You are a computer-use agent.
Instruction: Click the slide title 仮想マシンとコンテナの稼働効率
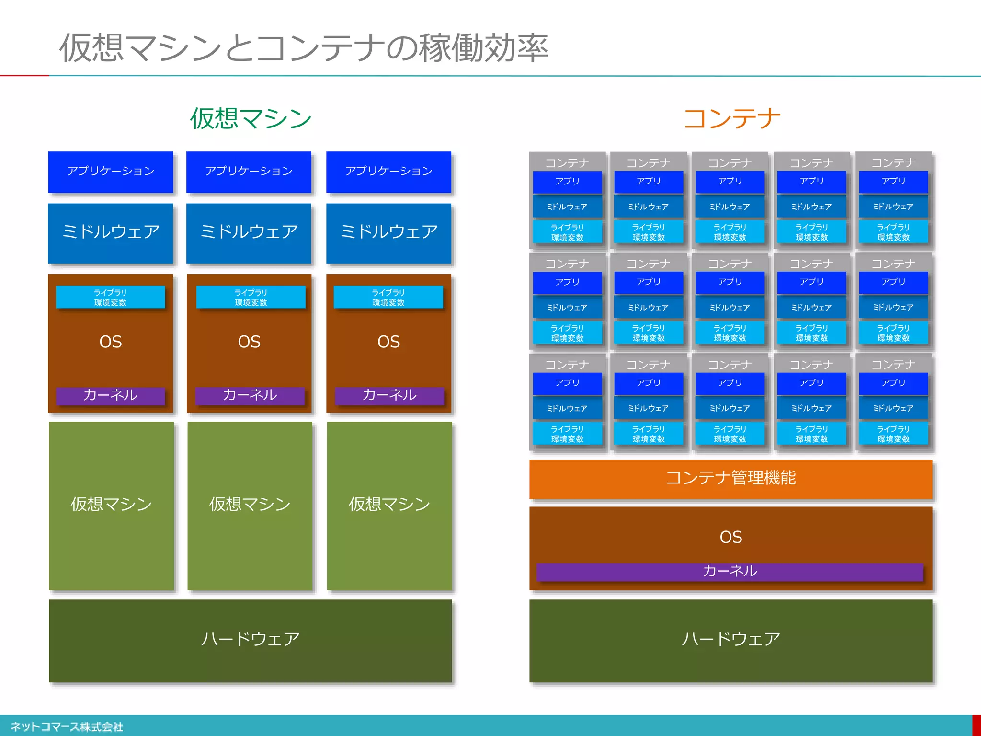click(x=303, y=48)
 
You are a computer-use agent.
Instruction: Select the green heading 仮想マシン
click(x=251, y=118)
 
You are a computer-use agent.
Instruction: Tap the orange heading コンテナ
click(x=731, y=118)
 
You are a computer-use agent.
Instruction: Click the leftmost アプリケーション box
click(x=111, y=172)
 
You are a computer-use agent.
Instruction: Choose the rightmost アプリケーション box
click(x=388, y=172)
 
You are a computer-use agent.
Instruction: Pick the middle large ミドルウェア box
click(x=249, y=232)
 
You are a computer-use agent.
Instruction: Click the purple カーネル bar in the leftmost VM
click(x=110, y=395)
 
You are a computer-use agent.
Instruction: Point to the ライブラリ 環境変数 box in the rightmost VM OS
click(x=388, y=297)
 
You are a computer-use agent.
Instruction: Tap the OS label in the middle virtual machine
click(x=249, y=342)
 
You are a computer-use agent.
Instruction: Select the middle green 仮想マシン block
click(x=250, y=505)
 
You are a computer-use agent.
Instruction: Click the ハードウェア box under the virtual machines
click(x=250, y=640)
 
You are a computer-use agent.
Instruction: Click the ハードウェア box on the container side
click(x=730, y=640)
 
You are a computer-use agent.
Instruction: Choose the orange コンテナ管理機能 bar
click(x=730, y=478)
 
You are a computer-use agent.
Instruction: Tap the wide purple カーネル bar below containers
click(x=730, y=571)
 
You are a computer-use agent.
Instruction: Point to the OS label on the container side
click(x=730, y=537)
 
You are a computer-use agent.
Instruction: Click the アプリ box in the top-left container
click(x=567, y=182)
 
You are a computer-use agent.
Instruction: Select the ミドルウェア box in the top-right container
click(x=893, y=207)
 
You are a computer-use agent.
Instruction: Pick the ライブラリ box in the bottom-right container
click(x=893, y=434)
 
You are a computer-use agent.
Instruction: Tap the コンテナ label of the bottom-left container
click(x=567, y=365)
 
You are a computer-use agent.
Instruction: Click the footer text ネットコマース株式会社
click(x=67, y=727)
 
